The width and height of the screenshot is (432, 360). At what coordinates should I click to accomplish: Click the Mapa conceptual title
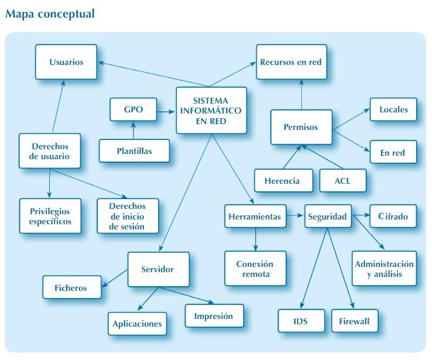coord(50,13)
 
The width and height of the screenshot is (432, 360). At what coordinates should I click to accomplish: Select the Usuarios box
coord(66,61)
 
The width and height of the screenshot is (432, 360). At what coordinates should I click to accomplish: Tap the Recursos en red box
coord(290,61)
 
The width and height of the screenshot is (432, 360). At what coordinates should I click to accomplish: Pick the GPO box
coord(133,109)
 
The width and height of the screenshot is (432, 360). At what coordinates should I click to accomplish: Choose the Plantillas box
coord(134,150)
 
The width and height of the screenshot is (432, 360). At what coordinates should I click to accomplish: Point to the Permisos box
coord(301,126)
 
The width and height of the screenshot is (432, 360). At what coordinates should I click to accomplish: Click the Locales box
coord(394,109)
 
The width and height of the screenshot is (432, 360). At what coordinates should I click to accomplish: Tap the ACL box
coord(342,180)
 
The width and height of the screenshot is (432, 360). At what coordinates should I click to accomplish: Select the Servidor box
coord(158,269)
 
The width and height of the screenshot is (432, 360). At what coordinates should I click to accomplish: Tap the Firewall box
coord(355,321)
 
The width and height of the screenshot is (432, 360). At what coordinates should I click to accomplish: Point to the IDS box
coord(301,321)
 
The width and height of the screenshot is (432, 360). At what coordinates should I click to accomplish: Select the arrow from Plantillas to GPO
coord(134,130)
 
